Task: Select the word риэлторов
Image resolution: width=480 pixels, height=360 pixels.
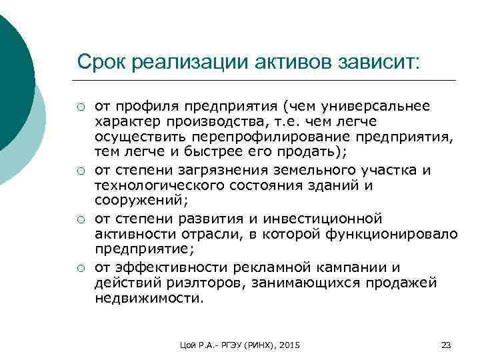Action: (x=191, y=283)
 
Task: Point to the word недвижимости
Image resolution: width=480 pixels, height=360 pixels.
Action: (x=146, y=299)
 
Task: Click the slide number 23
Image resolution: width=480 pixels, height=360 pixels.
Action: (x=447, y=345)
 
